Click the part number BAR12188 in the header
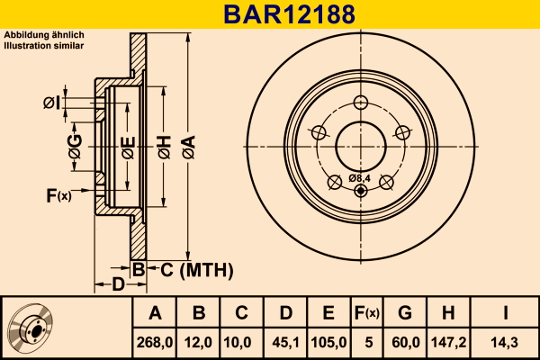[289, 14]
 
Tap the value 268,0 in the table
[155, 342]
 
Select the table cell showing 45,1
[285, 342]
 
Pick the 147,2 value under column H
[448, 342]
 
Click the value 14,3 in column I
[505, 342]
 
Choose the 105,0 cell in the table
[328, 342]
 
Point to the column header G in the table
[405, 313]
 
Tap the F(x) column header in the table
[367, 313]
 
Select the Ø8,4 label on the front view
[359, 178]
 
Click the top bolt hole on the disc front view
[361, 103]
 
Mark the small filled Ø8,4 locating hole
[361, 191]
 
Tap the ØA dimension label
[189, 147]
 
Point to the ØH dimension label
[165, 147]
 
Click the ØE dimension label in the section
[128, 148]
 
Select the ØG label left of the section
[75, 147]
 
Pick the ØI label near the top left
[52, 103]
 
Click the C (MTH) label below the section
[196, 270]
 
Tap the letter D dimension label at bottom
[118, 284]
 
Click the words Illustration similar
[44, 46]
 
